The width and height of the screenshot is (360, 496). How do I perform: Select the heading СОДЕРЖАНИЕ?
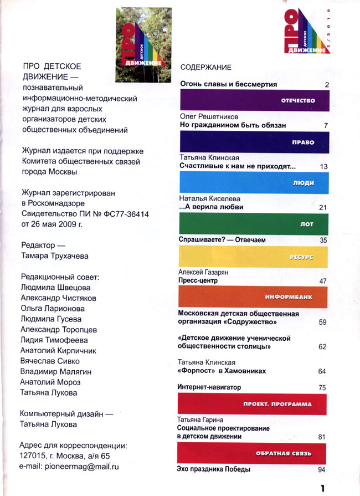[206, 68]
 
